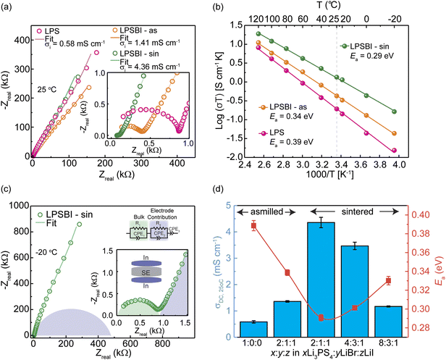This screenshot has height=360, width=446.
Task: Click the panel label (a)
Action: [9, 7]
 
